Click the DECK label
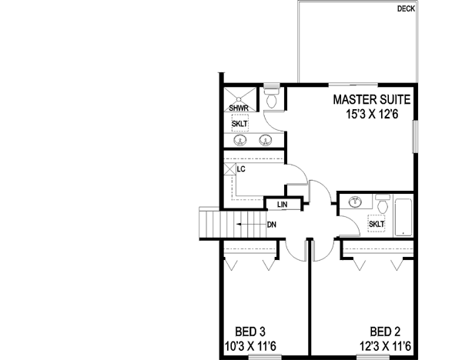point(407,9)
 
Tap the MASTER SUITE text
point(372,100)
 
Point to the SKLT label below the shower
point(240,123)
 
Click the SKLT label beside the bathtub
point(377,224)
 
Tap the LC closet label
point(241,168)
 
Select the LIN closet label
point(282,204)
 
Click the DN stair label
point(272,225)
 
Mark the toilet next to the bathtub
point(382,204)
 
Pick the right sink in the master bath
point(266,140)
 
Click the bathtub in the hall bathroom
point(404,216)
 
